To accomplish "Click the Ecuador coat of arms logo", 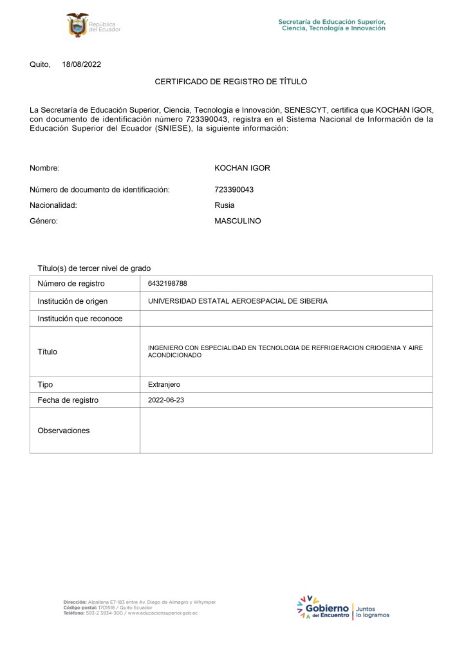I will [x=77, y=24].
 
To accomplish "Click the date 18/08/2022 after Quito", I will [x=82, y=64].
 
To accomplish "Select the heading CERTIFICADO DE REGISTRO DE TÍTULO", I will [x=231, y=82].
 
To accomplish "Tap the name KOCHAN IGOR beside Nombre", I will [x=242, y=169].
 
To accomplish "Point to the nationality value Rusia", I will [x=225, y=205].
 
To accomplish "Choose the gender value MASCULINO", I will [x=238, y=221].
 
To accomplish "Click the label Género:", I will [x=44, y=221].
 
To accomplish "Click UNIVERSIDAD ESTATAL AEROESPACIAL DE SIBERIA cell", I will [x=238, y=301].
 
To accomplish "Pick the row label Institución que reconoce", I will [x=80, y=319].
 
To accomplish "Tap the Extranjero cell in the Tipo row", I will [x=164, y=384].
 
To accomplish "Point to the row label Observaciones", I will [x=64, y=431].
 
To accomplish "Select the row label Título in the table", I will [x=47, y=351].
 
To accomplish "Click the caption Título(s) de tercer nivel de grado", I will [x=94, y=268].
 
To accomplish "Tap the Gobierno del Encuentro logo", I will [x=323, y=608].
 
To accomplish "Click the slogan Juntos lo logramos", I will [x=373, y=611].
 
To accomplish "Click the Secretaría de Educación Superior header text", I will [x=332, y=24].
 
